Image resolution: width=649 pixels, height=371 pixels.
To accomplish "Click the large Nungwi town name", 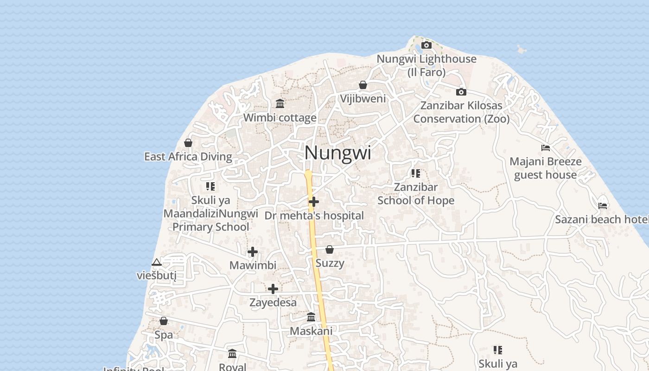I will tap(338, 153).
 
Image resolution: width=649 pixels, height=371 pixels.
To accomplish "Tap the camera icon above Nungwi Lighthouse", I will tap(426, 45).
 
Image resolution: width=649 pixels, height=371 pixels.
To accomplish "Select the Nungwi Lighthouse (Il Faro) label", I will tap(426, 65).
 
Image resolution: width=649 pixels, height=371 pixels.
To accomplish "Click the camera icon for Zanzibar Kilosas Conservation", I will tap(461, 92).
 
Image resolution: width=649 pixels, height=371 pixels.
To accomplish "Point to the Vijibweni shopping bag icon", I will tap(363, 85).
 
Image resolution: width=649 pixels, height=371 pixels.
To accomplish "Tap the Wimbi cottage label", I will tap(280, 118).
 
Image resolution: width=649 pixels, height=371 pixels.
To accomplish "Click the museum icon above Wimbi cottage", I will tap(280, 103).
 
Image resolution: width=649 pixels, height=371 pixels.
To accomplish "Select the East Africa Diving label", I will tap(188, 157).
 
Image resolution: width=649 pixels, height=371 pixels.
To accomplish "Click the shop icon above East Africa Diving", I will tap(188, 143).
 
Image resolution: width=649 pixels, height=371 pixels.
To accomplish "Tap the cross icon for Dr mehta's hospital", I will tap(314, 202).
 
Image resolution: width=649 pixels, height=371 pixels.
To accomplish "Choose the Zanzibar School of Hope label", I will tap(416, 194).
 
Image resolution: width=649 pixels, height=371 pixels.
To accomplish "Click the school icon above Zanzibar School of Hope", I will tap(416, 173).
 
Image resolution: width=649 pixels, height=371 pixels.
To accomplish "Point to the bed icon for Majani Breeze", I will tap(546, 148).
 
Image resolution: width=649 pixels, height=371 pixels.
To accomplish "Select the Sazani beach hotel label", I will tap(602, 219).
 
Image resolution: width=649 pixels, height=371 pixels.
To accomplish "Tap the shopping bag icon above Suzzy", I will tap(330, 250).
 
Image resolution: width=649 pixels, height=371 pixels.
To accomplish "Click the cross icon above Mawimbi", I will tap(253, 252).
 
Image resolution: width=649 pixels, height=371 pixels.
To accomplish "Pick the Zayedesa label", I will tap(273, 303).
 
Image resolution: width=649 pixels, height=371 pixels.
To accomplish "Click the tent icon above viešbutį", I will tap(157, 262).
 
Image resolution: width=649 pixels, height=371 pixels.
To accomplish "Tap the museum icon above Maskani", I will tap(311, 317).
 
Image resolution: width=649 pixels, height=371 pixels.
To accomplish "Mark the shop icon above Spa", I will tap(164, 321).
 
